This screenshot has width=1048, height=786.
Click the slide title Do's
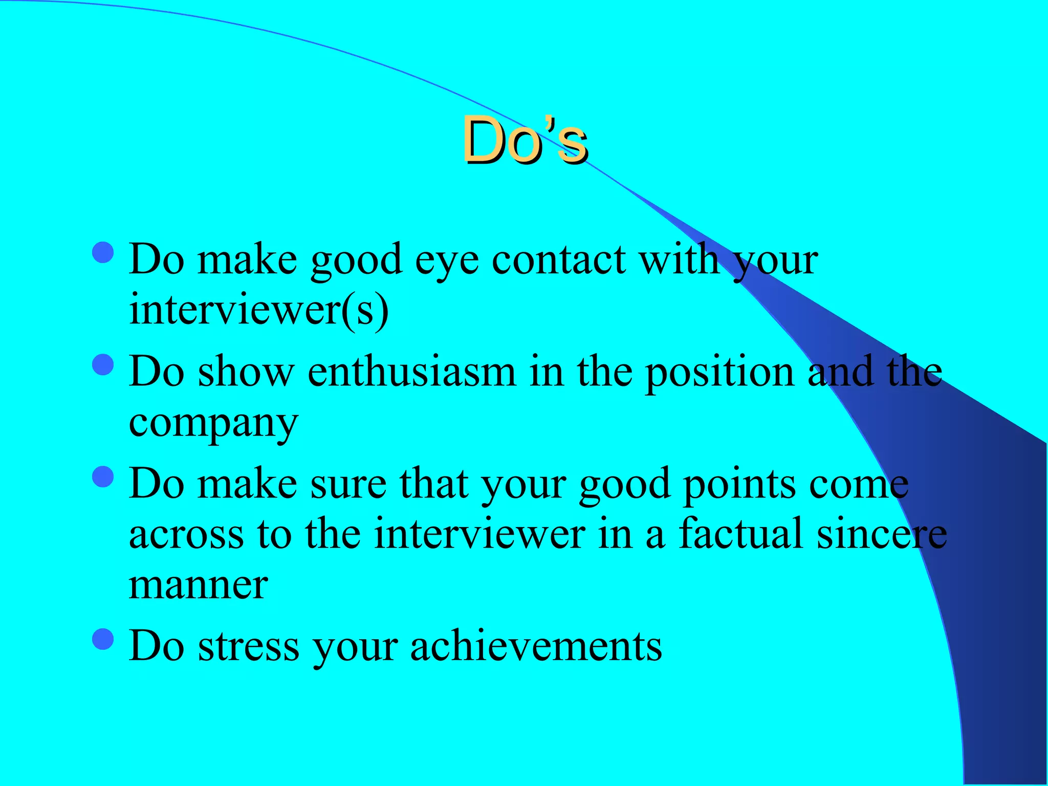525,140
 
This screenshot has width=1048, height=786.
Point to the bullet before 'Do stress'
103,639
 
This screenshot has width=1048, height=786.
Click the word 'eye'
447,261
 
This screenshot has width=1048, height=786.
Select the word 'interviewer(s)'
259,309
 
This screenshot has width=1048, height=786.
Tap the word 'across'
186,534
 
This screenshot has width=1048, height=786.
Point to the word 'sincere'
881,533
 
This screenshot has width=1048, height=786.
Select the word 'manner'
199,584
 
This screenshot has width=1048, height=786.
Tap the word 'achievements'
536,646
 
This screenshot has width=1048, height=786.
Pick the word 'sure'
348,484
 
